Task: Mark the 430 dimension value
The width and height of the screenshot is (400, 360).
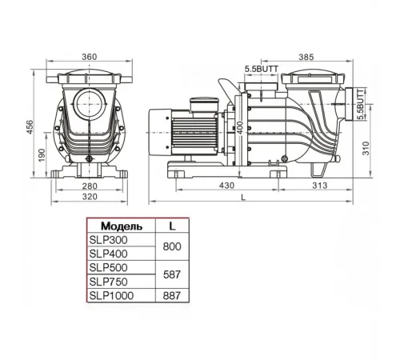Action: [x=227, y=186]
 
